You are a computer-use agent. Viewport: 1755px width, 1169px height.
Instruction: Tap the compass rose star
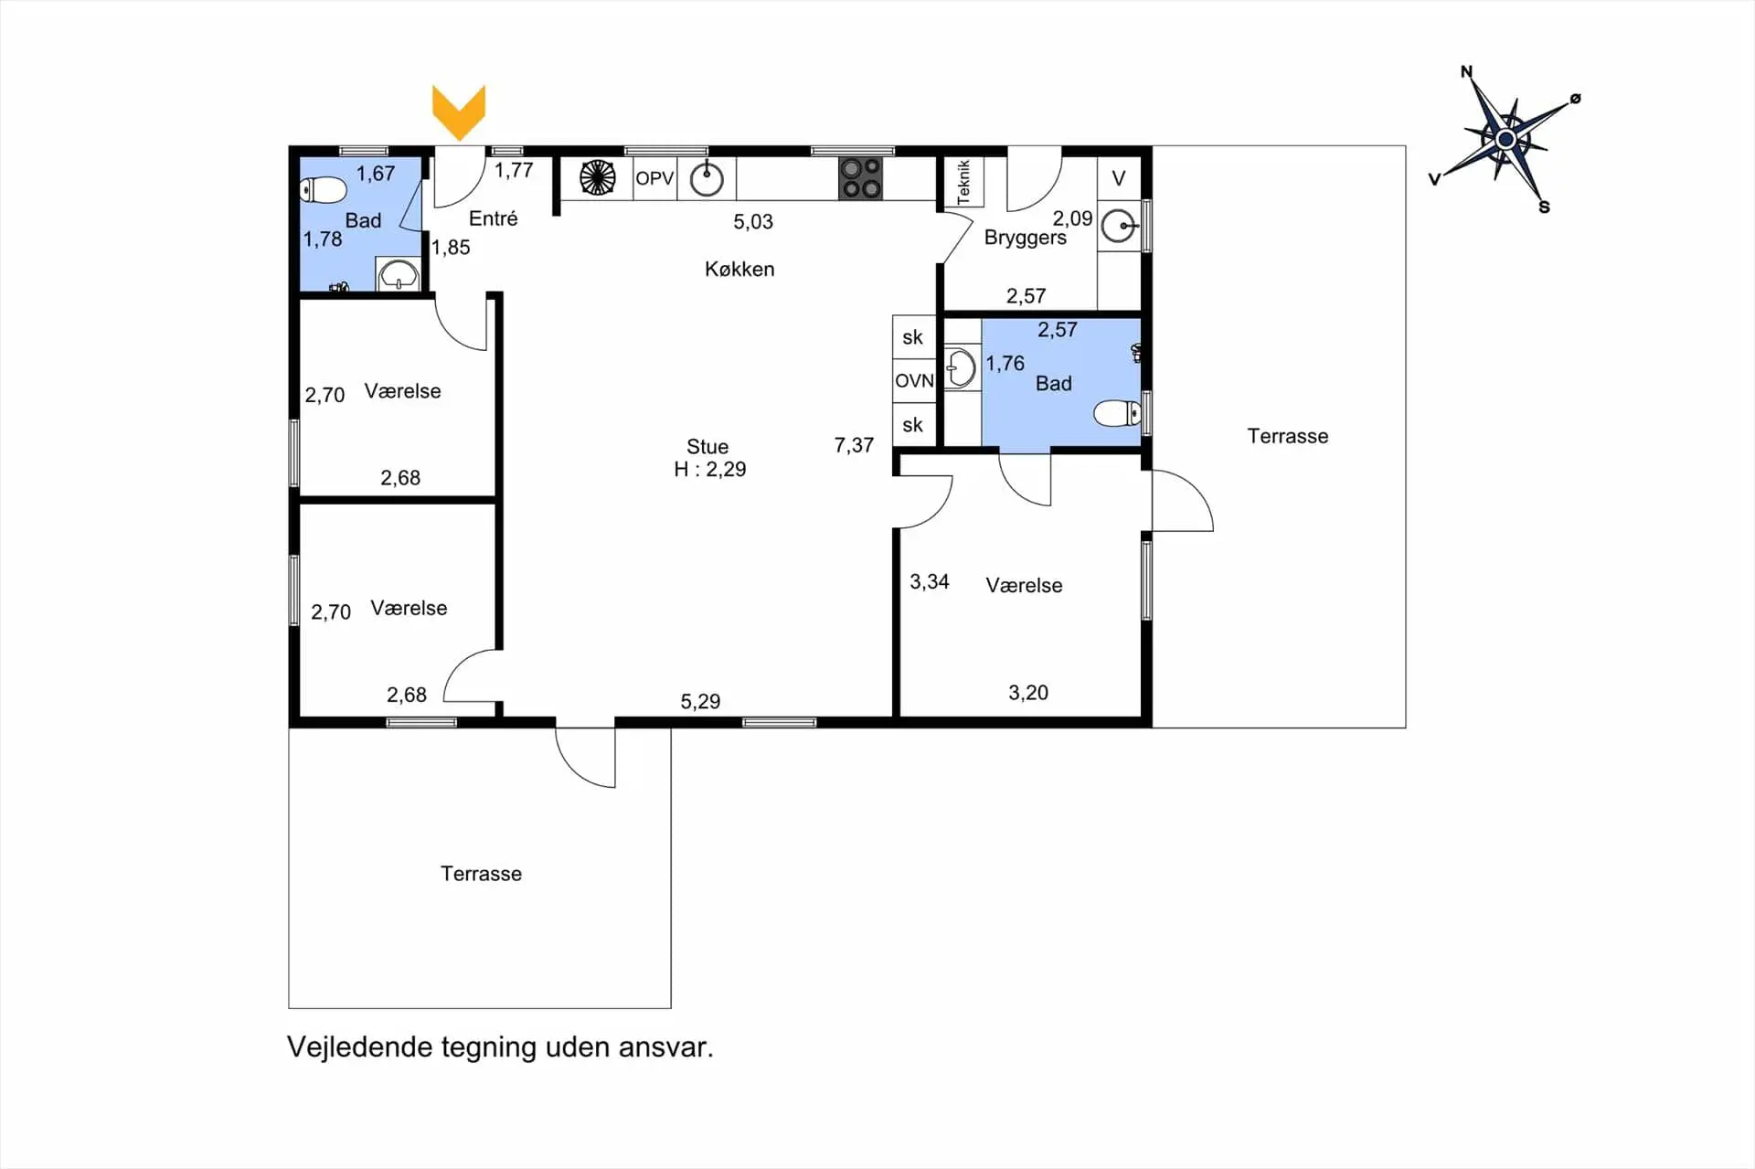click(x=1505, y=139)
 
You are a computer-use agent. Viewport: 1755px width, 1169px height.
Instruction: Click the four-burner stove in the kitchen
click(x=861, y=178)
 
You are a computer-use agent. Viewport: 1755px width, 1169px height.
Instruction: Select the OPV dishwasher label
click(x=654, y=178)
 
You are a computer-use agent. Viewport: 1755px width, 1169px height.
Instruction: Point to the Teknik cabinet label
click(x=963, y=182)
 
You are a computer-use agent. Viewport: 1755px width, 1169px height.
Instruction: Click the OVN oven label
click(x=914, y=380)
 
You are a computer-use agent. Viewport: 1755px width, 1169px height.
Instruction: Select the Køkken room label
click(x=739, y=269)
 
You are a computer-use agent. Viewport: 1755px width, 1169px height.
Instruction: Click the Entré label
click(x=494, y=218)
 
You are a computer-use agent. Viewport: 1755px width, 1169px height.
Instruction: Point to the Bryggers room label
click(x=1026, y=238)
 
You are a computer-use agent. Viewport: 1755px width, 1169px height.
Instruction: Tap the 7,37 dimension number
click(x=854, y=445)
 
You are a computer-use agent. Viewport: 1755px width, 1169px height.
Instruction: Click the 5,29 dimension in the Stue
click(x=700, y=701)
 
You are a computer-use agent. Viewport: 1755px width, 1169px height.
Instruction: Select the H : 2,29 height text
click(x=710, y=469)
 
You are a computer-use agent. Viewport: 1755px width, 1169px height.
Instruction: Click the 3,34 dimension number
click(x=930, y=581)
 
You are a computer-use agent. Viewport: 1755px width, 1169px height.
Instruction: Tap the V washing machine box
click(x=1119, y=178)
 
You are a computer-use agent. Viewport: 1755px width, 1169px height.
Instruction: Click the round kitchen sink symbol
click(x=706, y=179)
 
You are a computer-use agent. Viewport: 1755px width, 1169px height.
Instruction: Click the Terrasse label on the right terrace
click(x=1288, y=436)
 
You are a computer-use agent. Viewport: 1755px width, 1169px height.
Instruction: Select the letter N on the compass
click(x=1466, y=71)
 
